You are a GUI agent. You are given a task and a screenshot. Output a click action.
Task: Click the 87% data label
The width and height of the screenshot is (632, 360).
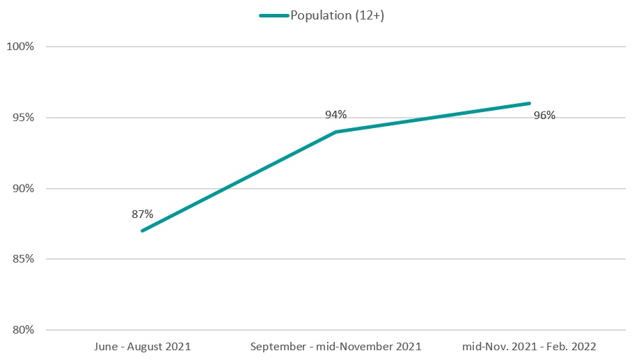pyautogui.click(x=142, y=214)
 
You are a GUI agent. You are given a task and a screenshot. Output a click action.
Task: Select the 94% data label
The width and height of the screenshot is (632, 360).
pyautogui.click(x=335, y=114)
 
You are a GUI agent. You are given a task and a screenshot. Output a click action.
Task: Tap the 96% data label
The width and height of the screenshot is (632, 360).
pyautogui.click(x=544, y=116)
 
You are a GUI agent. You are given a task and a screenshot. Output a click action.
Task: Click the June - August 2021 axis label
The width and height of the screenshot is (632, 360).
pyautogui.click(x=141, y=346)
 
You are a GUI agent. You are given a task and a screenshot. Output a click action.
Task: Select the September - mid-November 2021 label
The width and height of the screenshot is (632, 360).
pyautogui.click(x=335, y=346)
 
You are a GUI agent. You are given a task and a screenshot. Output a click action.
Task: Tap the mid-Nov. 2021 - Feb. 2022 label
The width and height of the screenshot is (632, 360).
pyautogui.click(x=530, y=346)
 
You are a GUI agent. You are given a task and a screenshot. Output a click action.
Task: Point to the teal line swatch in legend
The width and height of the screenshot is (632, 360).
pyautogui.click(x=274, y=16)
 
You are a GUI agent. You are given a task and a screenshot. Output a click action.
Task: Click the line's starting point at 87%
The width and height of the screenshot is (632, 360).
pyautogui.click(x=142, y=230)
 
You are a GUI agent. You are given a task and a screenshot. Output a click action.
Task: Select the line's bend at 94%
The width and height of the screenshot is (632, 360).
pyautogui.click(x=335, y=132)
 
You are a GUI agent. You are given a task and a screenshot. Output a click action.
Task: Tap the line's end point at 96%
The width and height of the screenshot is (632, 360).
pyautogui.click(x=529, y=104)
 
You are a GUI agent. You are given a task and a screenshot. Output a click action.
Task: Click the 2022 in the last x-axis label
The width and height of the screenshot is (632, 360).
pyautogui.click(x=584, y=346)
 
